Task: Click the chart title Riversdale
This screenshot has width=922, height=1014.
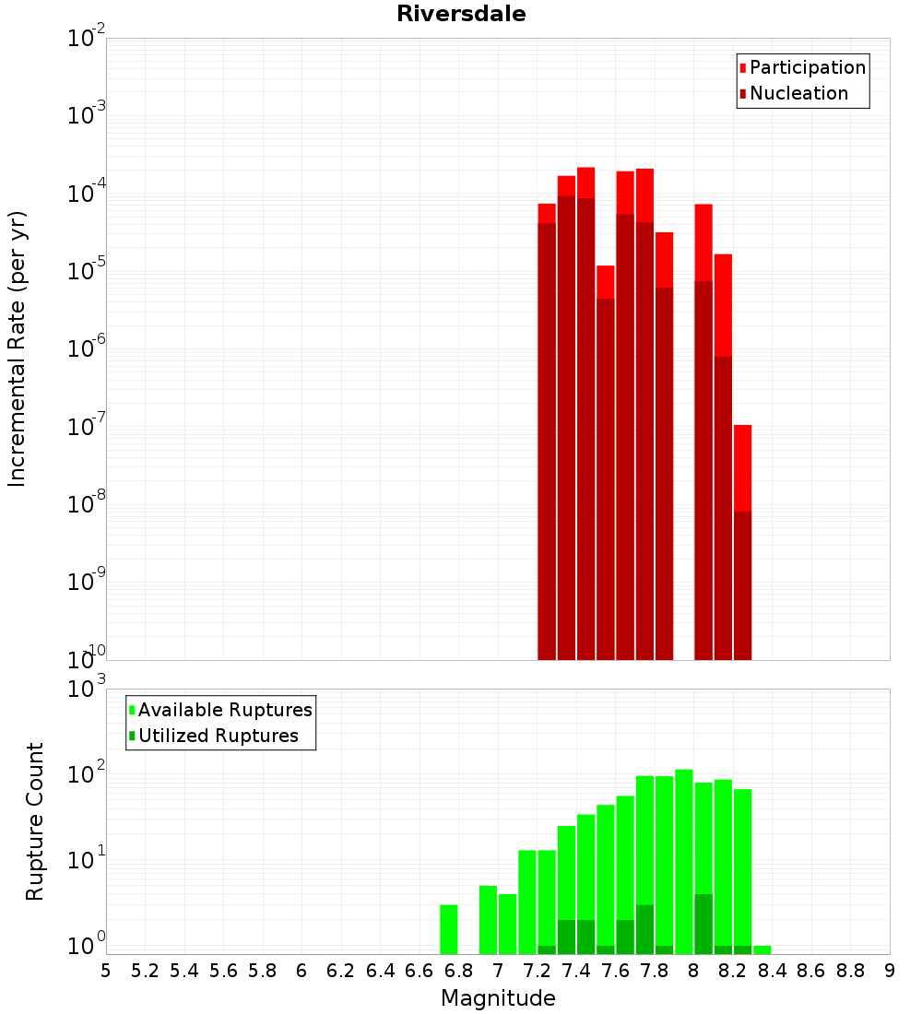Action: coord(461,14)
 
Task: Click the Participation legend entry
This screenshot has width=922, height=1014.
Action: coord(802,67)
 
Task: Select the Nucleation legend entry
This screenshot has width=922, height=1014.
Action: coord(794,93)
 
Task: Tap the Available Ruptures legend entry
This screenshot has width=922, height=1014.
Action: coord(220,710)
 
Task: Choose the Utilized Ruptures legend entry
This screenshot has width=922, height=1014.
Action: coord(214,736)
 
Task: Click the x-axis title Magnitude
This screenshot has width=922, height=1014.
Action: coord(498,998)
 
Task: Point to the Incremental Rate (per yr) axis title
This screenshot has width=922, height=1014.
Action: coord(17,348)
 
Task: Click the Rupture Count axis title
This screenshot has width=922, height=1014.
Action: coord(34,821)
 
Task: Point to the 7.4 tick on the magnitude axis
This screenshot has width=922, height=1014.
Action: coord(576,972)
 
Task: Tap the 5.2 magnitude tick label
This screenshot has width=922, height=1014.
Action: coord(145,972)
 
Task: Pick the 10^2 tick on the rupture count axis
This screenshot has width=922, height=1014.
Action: coord(87,772)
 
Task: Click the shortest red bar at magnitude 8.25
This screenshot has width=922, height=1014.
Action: coord(743,543)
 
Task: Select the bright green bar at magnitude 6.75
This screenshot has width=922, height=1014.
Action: coord(449,929)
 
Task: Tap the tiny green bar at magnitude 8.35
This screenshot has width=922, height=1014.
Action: coord(762,950)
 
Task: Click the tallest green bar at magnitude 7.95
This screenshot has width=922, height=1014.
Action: coord(684,862)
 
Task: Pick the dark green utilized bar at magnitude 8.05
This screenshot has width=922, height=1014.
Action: coord(703,924)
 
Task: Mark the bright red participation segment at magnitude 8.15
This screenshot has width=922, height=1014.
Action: coord(724,305)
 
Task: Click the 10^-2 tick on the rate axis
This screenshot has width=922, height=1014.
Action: coord(86,36)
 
